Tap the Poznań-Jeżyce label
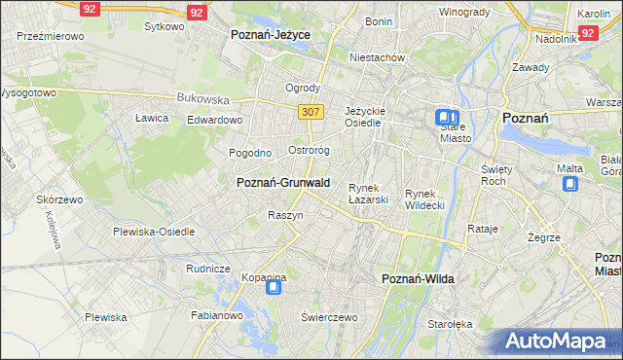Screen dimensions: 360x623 271,34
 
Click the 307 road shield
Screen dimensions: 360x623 311,112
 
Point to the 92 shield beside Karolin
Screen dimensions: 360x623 587,32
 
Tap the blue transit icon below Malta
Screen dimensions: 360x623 570,183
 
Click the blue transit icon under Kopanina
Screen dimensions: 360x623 275,286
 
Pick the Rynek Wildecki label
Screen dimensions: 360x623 425,198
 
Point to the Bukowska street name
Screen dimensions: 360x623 202,98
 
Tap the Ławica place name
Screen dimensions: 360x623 152,118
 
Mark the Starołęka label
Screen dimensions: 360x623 451,324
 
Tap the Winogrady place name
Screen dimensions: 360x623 463,12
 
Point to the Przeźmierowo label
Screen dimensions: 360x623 51,35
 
